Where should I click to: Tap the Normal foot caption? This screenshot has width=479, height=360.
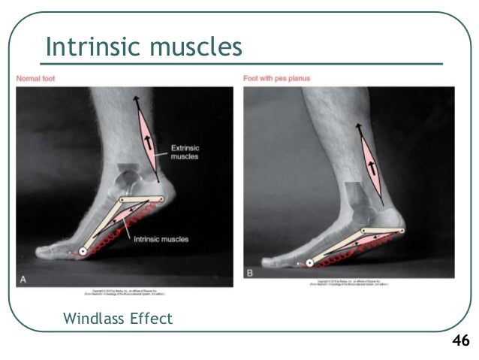(35, 78)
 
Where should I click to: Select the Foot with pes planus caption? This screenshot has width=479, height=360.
(276, 78)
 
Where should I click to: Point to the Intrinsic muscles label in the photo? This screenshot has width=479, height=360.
(161, 239)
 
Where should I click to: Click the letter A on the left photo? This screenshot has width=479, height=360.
(23, 280)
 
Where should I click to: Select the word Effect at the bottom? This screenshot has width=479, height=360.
(152, 319)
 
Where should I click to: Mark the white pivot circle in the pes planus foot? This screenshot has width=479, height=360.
(309, 263)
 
